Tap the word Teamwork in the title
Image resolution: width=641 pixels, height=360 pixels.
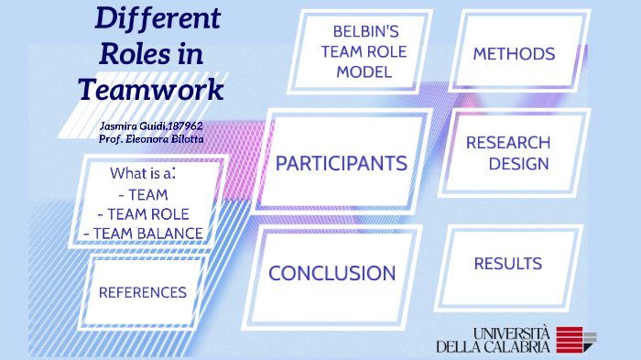(x=150, y=90)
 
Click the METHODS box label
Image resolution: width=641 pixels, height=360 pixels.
(x=514, y=54)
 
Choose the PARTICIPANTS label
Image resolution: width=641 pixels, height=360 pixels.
(x=342, y=164)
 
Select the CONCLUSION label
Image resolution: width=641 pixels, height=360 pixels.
(x=331, y=273)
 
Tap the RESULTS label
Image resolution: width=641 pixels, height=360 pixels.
(x=508, y=264)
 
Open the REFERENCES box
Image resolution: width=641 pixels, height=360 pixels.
(x=143, y=292)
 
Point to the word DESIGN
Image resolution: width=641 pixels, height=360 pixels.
(x=518, y=165)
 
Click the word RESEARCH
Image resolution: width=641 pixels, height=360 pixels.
(x=508, y=143)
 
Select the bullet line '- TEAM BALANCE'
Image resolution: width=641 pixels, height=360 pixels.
(x=143, y=234)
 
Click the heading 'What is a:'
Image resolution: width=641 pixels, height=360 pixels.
(x=143, y=172)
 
